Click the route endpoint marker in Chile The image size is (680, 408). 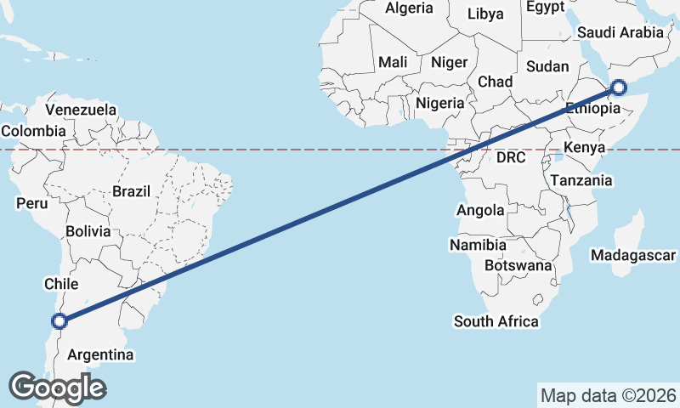click(59, 320)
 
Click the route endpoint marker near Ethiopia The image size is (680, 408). click(618, 87)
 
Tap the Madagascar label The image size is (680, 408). click(633, 255)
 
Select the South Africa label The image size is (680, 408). click(496, 321)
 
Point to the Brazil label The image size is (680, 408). click(131, 191)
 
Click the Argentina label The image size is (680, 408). click(100, 354)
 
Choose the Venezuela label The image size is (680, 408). click(81, 110)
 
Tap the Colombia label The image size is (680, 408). click(33, 131)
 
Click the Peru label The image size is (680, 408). click(31, 204)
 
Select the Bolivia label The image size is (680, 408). click(88, 231)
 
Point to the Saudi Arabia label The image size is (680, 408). click(620, 32)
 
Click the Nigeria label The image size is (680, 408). click(440, 103)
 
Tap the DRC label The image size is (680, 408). click(512, 157)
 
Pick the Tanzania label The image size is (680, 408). click(581, 180)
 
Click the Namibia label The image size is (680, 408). click(478, 245)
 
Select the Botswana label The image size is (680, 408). click(518, 266)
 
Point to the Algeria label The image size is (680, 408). click(409, 8)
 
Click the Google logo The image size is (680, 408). click(57, 388)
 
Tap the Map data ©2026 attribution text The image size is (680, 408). click(609, 395)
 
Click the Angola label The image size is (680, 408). click(480, 210)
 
